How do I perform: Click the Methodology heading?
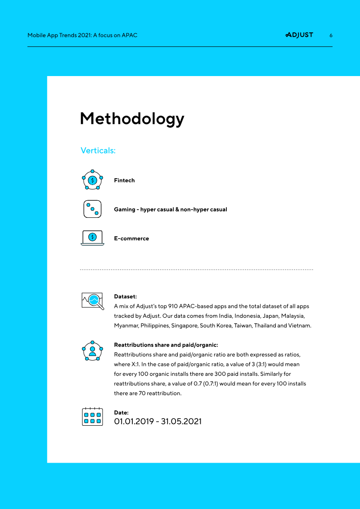(x=132, y=119)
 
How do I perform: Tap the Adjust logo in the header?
(x=299, y=35)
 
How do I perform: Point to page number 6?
(x=331, y=35)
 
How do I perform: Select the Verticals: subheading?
(x=98, y=150)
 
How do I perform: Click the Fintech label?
(x=124, y=180)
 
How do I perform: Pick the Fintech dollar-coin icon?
(x=92, y=180)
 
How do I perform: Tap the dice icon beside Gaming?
(x=92, y=209)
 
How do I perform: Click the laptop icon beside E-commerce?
(x=92, y=238)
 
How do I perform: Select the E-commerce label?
(x=131, y=239)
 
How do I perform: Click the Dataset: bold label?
(x=126, y=297)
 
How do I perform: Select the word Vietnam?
(x=299, y=325)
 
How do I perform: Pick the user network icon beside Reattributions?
(x=92, y=351)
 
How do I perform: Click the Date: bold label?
(x=121, y=412)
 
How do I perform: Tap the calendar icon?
(x=92, y=417)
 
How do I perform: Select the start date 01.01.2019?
(x=134, y=422)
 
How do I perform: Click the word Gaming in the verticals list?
(x=125, y=209)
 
